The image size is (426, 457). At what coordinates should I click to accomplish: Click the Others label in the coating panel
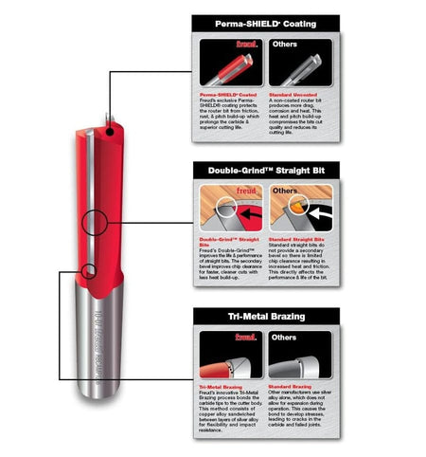(285, 45)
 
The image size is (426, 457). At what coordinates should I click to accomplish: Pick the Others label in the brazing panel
(285, 336)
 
